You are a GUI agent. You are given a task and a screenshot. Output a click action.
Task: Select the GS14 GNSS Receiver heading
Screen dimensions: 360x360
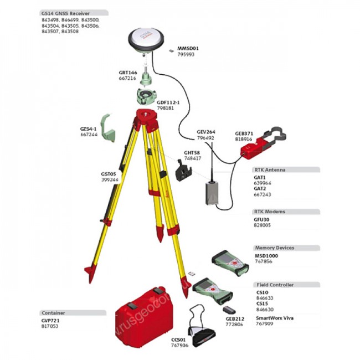66,12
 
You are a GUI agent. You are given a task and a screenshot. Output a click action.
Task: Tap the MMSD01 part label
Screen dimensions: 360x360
188,48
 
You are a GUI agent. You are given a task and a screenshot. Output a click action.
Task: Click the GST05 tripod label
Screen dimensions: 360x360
109,174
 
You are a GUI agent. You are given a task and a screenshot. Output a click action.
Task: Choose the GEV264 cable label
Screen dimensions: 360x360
205,132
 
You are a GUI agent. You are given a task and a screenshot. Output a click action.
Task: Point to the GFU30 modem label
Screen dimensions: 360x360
262,220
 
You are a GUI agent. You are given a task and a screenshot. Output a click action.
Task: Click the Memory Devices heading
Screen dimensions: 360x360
274,248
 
